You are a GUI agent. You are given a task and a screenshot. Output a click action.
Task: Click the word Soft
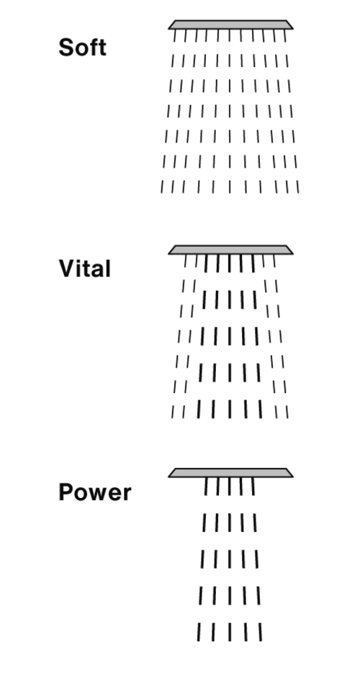[x=82, y=47]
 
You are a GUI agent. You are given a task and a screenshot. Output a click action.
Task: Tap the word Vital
[x=84, y=268]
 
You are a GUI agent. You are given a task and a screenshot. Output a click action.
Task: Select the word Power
[x=94, y=493]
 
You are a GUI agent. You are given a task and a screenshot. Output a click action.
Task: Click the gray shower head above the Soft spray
[x=230, y=24]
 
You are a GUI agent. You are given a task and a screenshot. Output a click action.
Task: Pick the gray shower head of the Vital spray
[x=230, y=250]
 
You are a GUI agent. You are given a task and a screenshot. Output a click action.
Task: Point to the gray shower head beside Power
[x=230, y=473]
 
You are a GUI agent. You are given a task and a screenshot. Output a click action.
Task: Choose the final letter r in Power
[x=127, y=494]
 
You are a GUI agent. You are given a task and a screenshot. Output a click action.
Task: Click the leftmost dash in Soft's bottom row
[x=162, y=186]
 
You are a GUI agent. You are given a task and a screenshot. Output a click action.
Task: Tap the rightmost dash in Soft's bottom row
[x=297, y=186]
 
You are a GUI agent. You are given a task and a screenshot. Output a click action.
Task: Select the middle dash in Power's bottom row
[x=230, y=632]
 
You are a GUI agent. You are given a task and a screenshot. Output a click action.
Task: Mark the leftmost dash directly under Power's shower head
[x=206, y=487]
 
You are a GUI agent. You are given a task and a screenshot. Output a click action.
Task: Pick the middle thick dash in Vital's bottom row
[x=230, y=409]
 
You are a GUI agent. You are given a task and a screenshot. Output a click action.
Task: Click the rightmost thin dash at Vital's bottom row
[x=287, y=412]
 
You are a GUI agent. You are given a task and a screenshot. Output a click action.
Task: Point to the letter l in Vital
[x=108, y=268]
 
